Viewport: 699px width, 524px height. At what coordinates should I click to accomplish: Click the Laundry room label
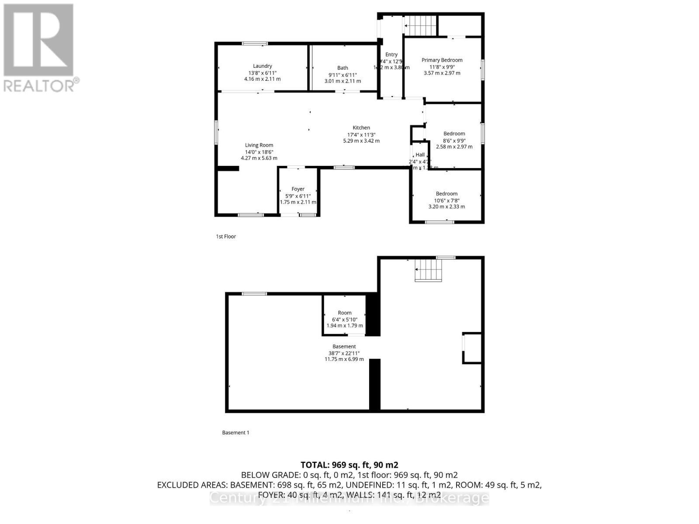click(262, 66)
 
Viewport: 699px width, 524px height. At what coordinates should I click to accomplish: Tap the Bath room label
click(343, 68)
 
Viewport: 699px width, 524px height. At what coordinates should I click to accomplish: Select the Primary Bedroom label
click(442, 60)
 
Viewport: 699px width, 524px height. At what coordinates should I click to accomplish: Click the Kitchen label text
click(361, 128)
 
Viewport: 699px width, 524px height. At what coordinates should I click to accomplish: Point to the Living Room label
click(259, 145)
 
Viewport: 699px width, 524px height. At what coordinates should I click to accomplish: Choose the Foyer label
click(298, 189)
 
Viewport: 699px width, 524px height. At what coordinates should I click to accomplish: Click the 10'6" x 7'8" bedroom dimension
click(446, 200)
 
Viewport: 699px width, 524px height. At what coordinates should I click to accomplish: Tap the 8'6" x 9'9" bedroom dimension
click(454, 141)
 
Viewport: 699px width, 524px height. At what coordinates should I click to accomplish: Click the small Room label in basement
click(344, 313)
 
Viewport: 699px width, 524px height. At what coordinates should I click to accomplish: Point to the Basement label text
click(344, 346)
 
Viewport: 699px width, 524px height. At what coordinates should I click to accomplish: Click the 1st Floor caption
click(226, 236)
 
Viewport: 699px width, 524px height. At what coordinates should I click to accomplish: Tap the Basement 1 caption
click(235, 432)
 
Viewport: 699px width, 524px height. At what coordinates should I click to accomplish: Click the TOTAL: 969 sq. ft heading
click(349, 465)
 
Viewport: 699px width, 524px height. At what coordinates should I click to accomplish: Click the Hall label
click(420, 155)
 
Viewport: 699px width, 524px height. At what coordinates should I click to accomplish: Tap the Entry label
click(391, 55)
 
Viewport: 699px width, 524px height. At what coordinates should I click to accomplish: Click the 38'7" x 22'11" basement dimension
click(344, 353)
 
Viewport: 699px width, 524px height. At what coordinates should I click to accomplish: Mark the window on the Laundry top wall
click(255, 43)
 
